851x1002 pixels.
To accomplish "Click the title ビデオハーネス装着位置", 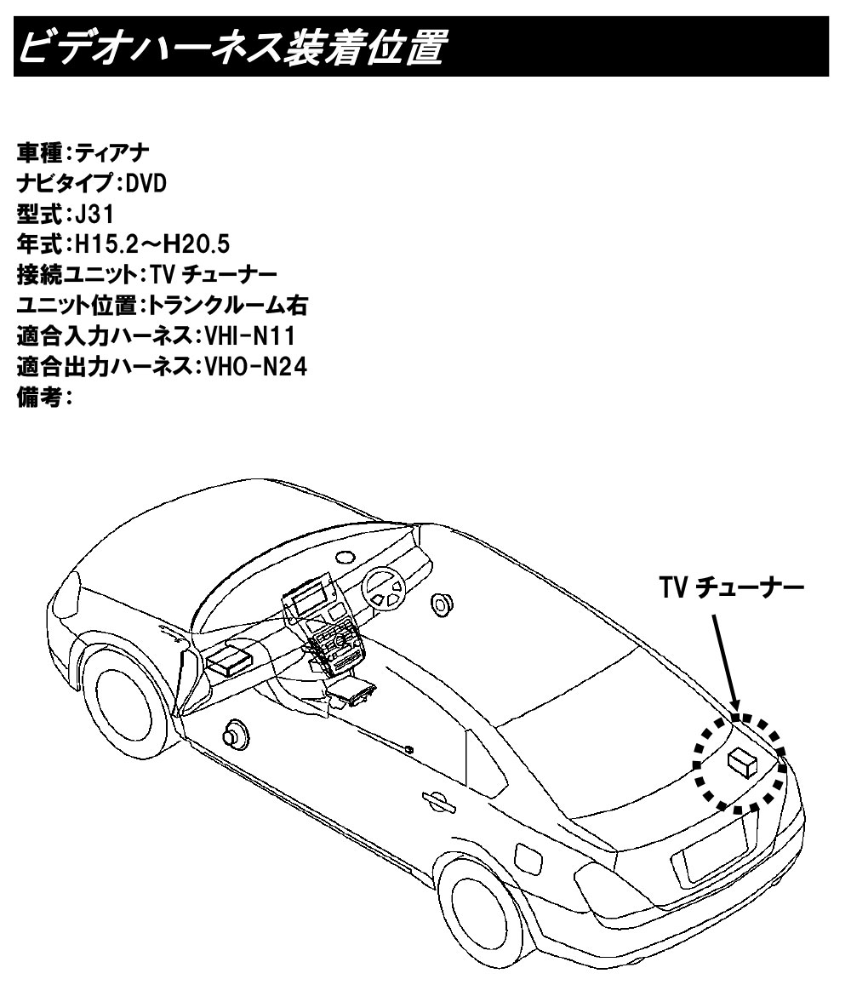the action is (x=231, y=47).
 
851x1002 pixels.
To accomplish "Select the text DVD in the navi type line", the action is (x=146, y=184).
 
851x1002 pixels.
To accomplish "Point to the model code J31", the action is (x=94, y=214).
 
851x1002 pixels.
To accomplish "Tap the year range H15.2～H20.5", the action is (x=152, y=244).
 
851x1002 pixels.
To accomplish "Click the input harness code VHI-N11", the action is (x=250, y=336).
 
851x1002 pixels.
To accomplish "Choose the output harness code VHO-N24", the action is (x=255, y=367).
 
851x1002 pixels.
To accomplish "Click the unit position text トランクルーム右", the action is (x=228, y=306).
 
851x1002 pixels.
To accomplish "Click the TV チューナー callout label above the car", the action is (x=731, y=587).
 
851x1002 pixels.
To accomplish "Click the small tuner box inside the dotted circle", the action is (x=742, y=762).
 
